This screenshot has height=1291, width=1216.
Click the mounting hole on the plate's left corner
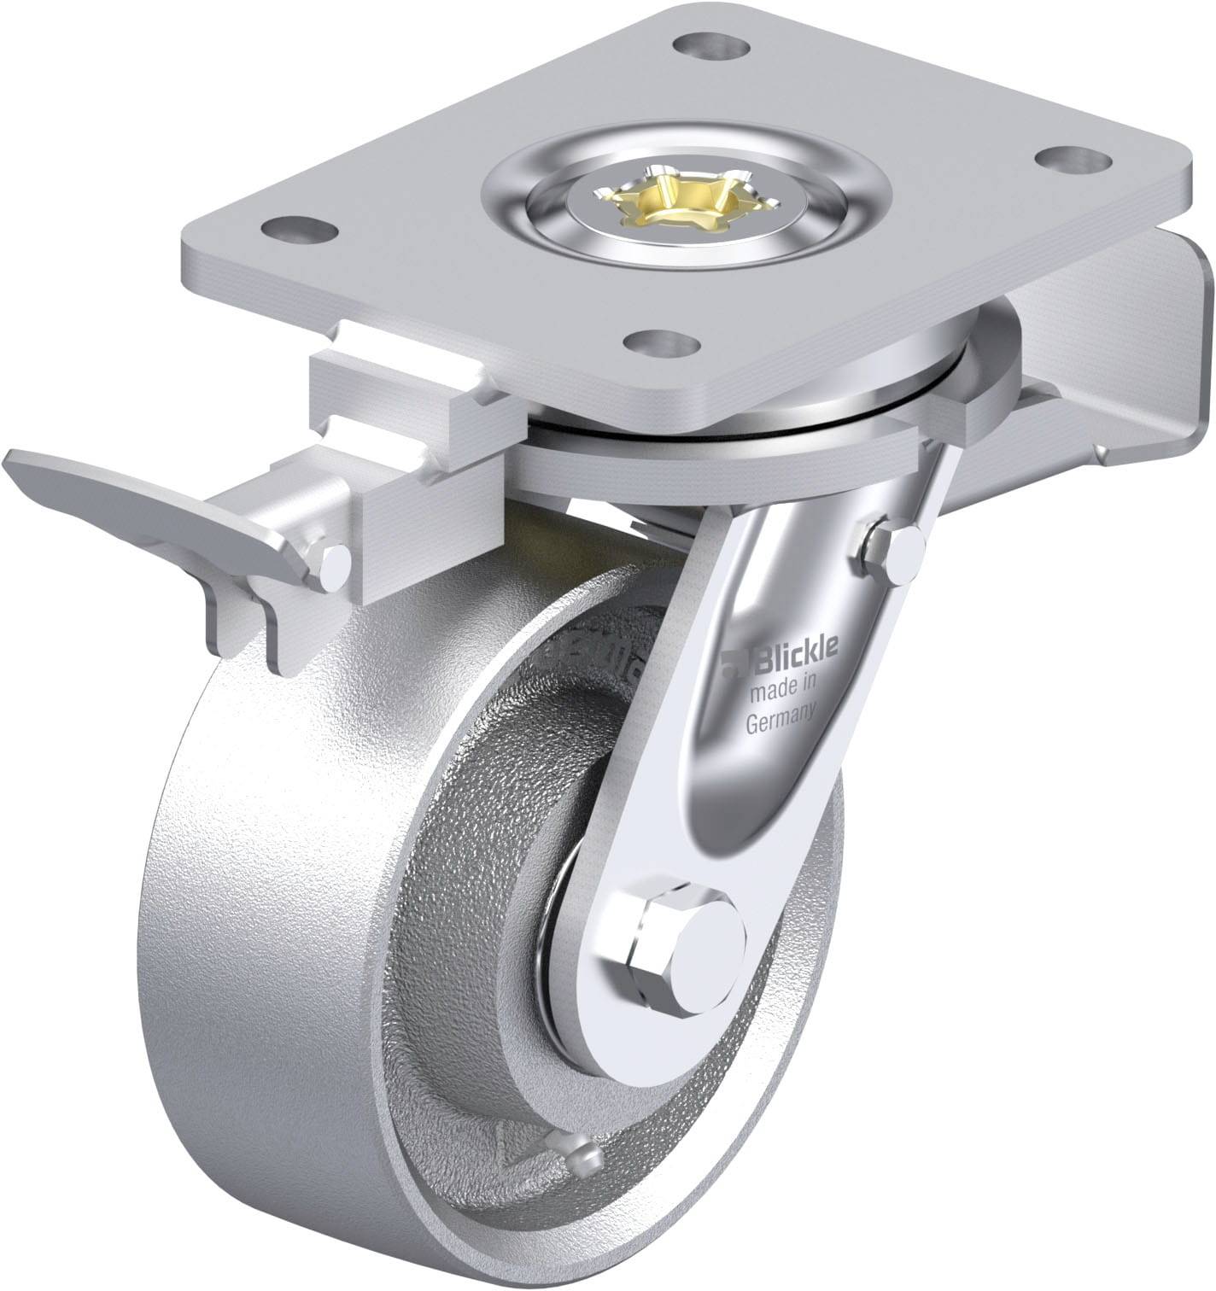[298, 228]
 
